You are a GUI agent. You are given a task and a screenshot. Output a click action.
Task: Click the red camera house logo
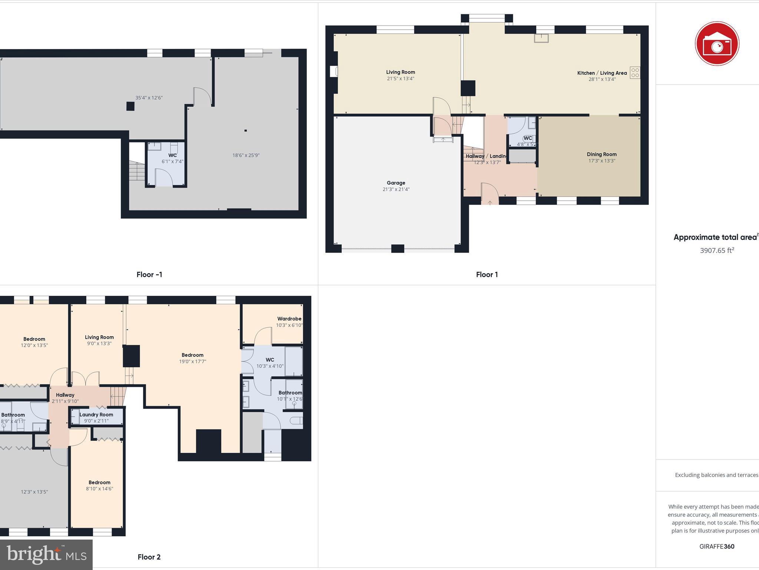coord(717,44)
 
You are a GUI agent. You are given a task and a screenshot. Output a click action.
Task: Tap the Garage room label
coord(396,183)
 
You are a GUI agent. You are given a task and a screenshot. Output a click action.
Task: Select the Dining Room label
coord(601,154)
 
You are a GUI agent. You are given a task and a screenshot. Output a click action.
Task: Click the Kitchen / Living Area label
coord(602,73)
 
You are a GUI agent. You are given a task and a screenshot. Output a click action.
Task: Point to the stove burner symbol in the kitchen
coord(635,72)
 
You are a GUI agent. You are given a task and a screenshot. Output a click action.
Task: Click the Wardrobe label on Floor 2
coord(289,319)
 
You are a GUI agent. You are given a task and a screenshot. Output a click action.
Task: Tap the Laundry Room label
coord(96,415)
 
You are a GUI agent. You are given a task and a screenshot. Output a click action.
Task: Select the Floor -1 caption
coord(149,275)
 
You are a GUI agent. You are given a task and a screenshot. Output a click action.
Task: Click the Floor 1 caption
coord(487,275)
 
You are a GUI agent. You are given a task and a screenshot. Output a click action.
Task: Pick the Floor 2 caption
coord(149,557)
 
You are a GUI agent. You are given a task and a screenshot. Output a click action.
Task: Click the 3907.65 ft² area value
coord(717,250)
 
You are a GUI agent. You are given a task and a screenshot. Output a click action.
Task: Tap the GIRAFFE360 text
coord(717,546)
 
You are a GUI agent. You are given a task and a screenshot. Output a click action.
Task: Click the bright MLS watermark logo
coord(46,554)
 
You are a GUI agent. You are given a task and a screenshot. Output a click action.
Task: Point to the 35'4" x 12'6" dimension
coord(149,98)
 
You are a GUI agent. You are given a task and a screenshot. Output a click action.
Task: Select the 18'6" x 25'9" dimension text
coord(246,155)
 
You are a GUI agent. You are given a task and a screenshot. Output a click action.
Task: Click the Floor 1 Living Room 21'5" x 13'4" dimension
coord(400,79)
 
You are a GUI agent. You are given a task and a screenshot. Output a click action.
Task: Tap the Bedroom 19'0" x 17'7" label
coord(192,355)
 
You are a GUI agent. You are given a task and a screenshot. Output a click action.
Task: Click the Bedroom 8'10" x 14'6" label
coord(99,482)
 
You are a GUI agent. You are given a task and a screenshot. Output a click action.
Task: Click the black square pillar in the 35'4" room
coord(130,107)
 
